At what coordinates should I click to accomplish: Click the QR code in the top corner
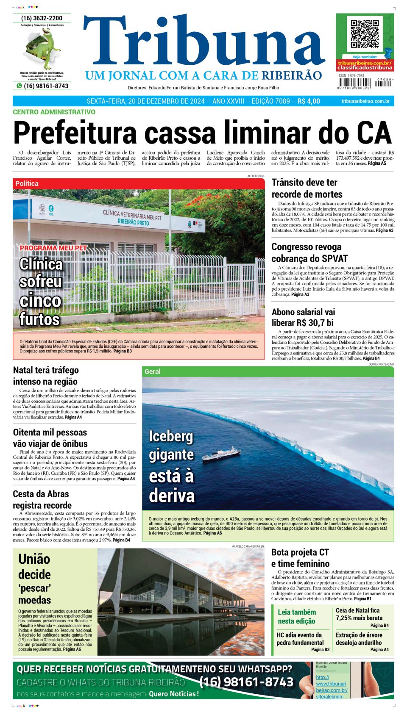[364, 33]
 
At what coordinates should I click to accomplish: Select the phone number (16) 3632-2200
[42, 18]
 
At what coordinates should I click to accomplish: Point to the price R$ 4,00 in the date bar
[309, 101]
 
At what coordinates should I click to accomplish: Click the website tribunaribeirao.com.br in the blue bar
[365, 101]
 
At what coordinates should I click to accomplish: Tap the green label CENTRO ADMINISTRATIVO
[54, 112]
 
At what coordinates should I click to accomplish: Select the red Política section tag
[27, 183]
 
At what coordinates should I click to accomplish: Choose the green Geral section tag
[153, 371]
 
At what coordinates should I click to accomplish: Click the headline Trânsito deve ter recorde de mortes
[307, 188]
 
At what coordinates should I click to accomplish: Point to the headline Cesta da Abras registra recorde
[42, 499]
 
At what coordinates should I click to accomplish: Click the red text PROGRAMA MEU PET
[53, 248]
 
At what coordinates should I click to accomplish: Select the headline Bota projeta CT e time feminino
[300, 558]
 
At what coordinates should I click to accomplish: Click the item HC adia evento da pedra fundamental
[300, 639]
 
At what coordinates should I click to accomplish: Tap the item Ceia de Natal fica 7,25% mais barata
[359, 614]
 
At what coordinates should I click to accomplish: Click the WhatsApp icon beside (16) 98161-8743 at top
[19, 86]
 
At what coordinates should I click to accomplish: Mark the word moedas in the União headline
[34, 600]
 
